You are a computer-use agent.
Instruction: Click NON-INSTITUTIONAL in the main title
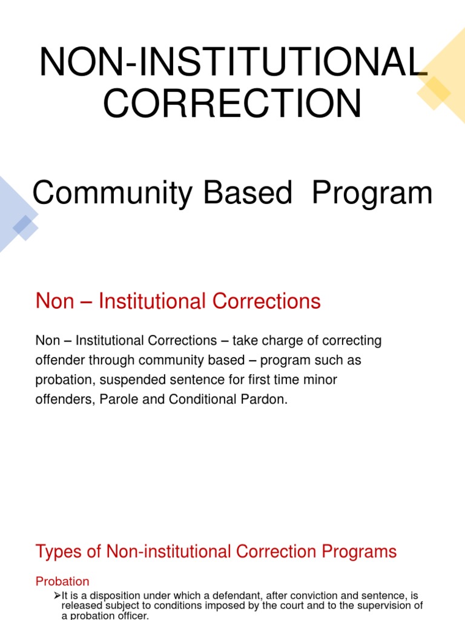pyautogui.click(x=230, y=62)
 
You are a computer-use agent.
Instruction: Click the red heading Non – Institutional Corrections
pyautogui.click(x=178, y=301)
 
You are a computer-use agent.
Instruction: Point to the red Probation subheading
pyautogui.click(x=62, y=581)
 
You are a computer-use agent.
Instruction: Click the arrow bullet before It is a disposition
pyautogui.click(x=58, y=596)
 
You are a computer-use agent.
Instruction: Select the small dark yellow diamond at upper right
pyautogui.click(x=433, y=92)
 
